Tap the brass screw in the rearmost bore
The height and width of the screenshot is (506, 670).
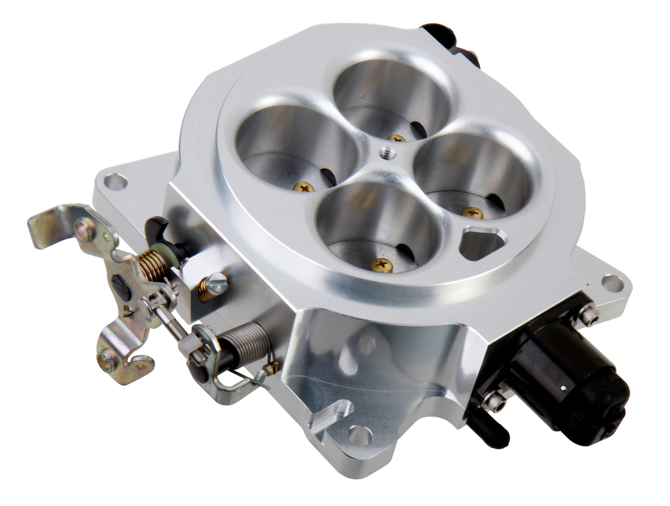[x=396, y=138]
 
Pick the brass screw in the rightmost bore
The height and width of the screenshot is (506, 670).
[x=472, y=213]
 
